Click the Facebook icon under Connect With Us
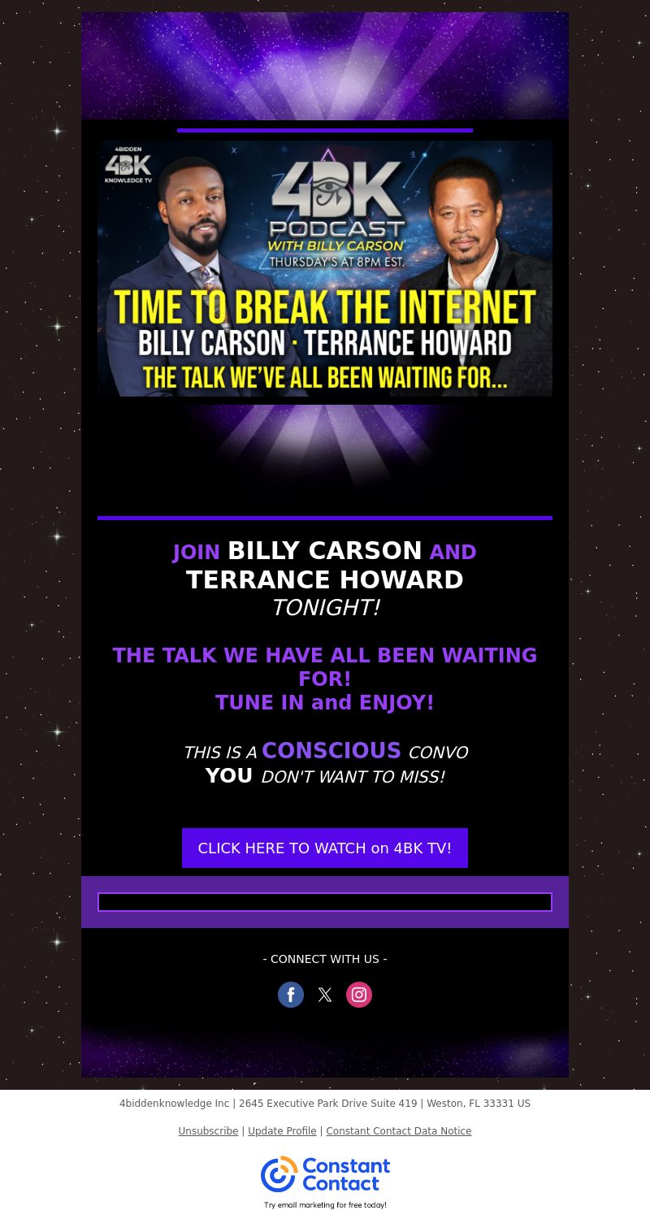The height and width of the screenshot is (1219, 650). point(291,995)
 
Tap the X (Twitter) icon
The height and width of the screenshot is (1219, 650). point(325,995)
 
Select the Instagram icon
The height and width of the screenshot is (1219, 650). point(359,995)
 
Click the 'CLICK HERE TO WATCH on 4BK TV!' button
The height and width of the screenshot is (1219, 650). point(325,848)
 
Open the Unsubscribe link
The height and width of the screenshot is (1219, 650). point(208,1131)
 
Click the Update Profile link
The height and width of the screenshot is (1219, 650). point(282,1131)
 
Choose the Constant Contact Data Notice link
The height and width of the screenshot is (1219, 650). point(399,1131)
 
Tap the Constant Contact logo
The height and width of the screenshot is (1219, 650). point(325,1174)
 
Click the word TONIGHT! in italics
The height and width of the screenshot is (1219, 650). point(326,607)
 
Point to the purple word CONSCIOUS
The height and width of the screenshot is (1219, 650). point(331,750)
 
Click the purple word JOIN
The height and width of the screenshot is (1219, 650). point(197,552)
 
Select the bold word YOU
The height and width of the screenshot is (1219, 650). point(228,775)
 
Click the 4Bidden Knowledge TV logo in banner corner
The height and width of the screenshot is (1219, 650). point(128,165)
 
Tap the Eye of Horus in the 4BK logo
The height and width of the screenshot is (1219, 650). point(330,189)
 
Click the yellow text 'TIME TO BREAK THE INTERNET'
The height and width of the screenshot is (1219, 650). point(325,307)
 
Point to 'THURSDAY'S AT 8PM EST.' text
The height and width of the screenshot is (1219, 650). point(336,262)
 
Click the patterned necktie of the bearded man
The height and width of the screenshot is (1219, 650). point(209,279)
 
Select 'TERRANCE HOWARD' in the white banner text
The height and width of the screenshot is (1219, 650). point(407,343)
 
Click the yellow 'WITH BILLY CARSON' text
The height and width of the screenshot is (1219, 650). point(336,246)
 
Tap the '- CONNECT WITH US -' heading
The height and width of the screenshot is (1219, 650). point(325,959)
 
